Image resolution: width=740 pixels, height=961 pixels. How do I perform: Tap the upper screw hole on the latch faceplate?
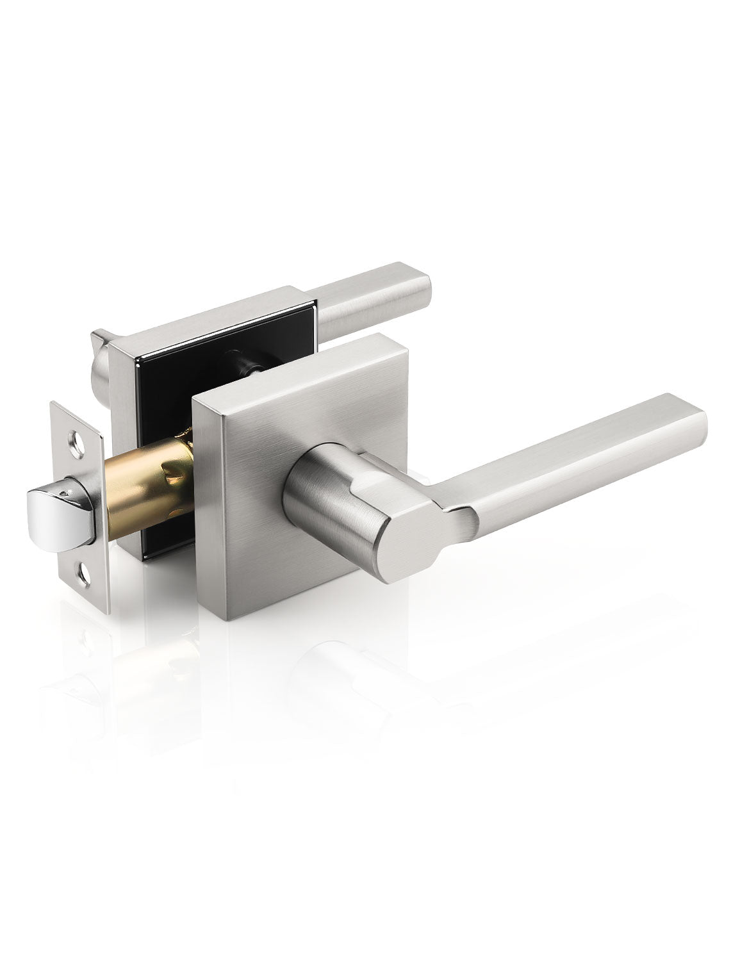click(x=78, y=440)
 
